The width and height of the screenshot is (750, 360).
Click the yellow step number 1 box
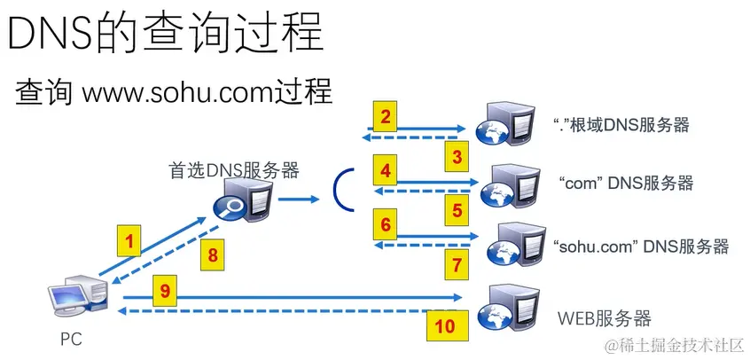pos(129,239)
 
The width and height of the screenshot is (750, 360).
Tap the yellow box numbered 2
pos(385,116)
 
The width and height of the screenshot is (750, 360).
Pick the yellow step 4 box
pos(385,169)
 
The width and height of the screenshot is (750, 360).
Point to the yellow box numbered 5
pos(457,211)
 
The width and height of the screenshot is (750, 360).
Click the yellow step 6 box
pos(385,225)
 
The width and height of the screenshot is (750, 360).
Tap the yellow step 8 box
pos(212,254)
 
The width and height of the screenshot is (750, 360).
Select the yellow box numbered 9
pos(166,289)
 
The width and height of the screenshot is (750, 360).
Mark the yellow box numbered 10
pos(445,325)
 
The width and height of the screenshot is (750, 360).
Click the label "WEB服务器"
pos(604,317)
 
